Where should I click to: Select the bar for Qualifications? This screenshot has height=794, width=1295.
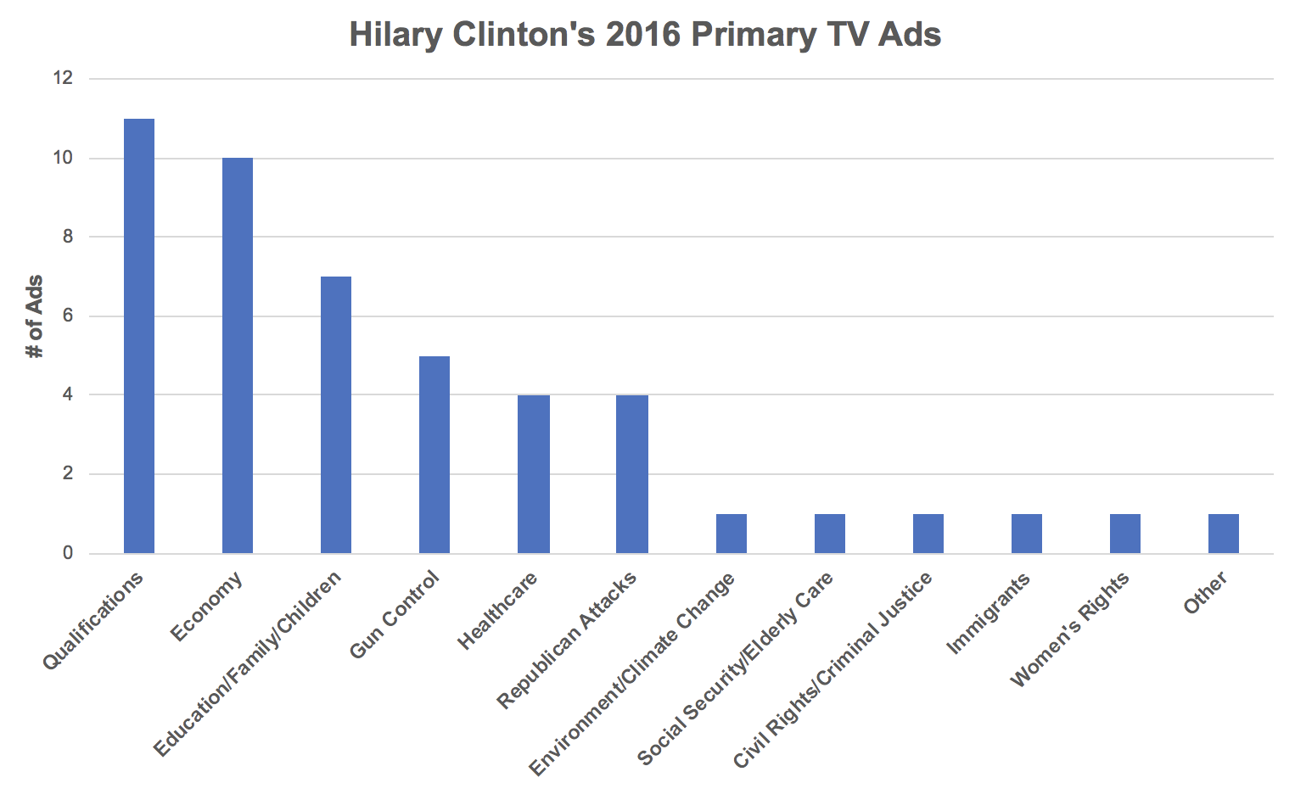(x=139, y=336)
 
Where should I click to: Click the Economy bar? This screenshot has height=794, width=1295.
(x=238, y=355)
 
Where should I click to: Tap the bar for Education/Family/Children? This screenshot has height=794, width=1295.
(x=336, y=415)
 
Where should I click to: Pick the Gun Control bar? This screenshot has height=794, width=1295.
(x=434, y=455)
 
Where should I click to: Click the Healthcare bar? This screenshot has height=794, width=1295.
(x=534, y=474)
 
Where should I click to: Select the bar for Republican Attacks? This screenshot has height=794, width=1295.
(x=632, y=474)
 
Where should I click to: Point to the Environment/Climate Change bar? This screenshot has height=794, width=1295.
(x=732, y=534)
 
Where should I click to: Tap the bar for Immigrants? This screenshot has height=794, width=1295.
(x=1027, y=534)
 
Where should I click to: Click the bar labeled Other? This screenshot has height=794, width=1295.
(x=1224, y=534)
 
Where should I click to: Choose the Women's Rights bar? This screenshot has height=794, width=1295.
(x=1125, y=534)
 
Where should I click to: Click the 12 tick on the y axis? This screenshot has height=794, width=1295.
(x=64, y=79)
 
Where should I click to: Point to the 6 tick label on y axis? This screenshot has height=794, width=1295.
(x=68, y=316)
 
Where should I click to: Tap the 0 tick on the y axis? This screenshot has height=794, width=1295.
(x=68, y=554)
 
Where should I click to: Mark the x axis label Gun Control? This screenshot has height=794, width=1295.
(x=396, y=614)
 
